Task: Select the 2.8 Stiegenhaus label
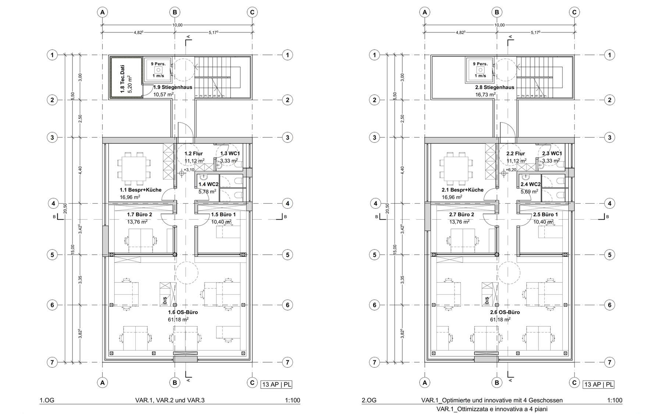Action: point(495,87)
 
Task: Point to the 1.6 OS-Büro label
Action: point(183,312)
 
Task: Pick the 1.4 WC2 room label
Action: point(209,184)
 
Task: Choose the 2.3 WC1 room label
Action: point(552,153)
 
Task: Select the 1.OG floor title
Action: point(47,400)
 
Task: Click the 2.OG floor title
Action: point(369,400)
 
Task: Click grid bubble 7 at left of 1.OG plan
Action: point(52,362)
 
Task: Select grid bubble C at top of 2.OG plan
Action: point(574,12)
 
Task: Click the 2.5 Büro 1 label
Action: point(545,215)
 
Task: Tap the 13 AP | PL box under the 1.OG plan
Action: point(277,385)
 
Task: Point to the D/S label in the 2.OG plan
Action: point(487,301)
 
